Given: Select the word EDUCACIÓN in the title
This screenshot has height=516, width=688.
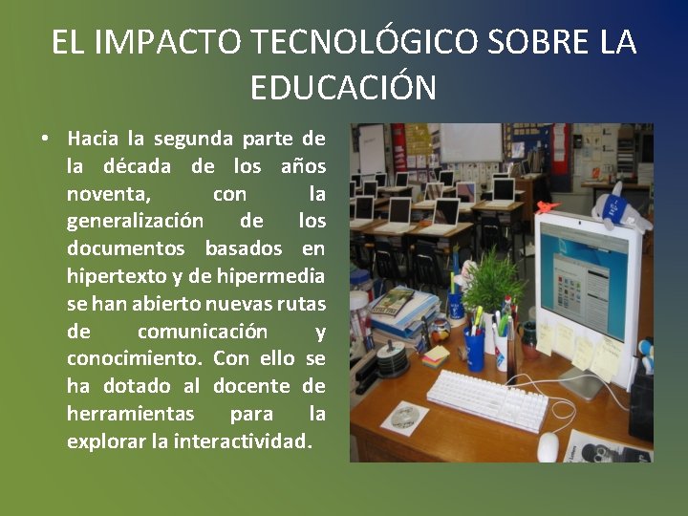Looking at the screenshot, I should pyautogui.click(x=343, y=88).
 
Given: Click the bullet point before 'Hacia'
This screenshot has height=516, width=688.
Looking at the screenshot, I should pyautogui.click(x=45, y=140).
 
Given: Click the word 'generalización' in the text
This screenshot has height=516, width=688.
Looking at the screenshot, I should pyautogui.click(x=135, y=222).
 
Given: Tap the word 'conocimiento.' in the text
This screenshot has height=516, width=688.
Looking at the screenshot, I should pyautogui.click(x=135, y=359).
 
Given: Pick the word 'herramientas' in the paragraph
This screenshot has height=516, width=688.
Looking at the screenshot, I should pyautogui.click(x=130, y=415).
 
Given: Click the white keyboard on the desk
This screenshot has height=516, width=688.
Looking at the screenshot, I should pyautogui.click(x=487, y=399).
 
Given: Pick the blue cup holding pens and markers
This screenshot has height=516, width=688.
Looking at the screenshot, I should pyautogui.click(x=474, y=348).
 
